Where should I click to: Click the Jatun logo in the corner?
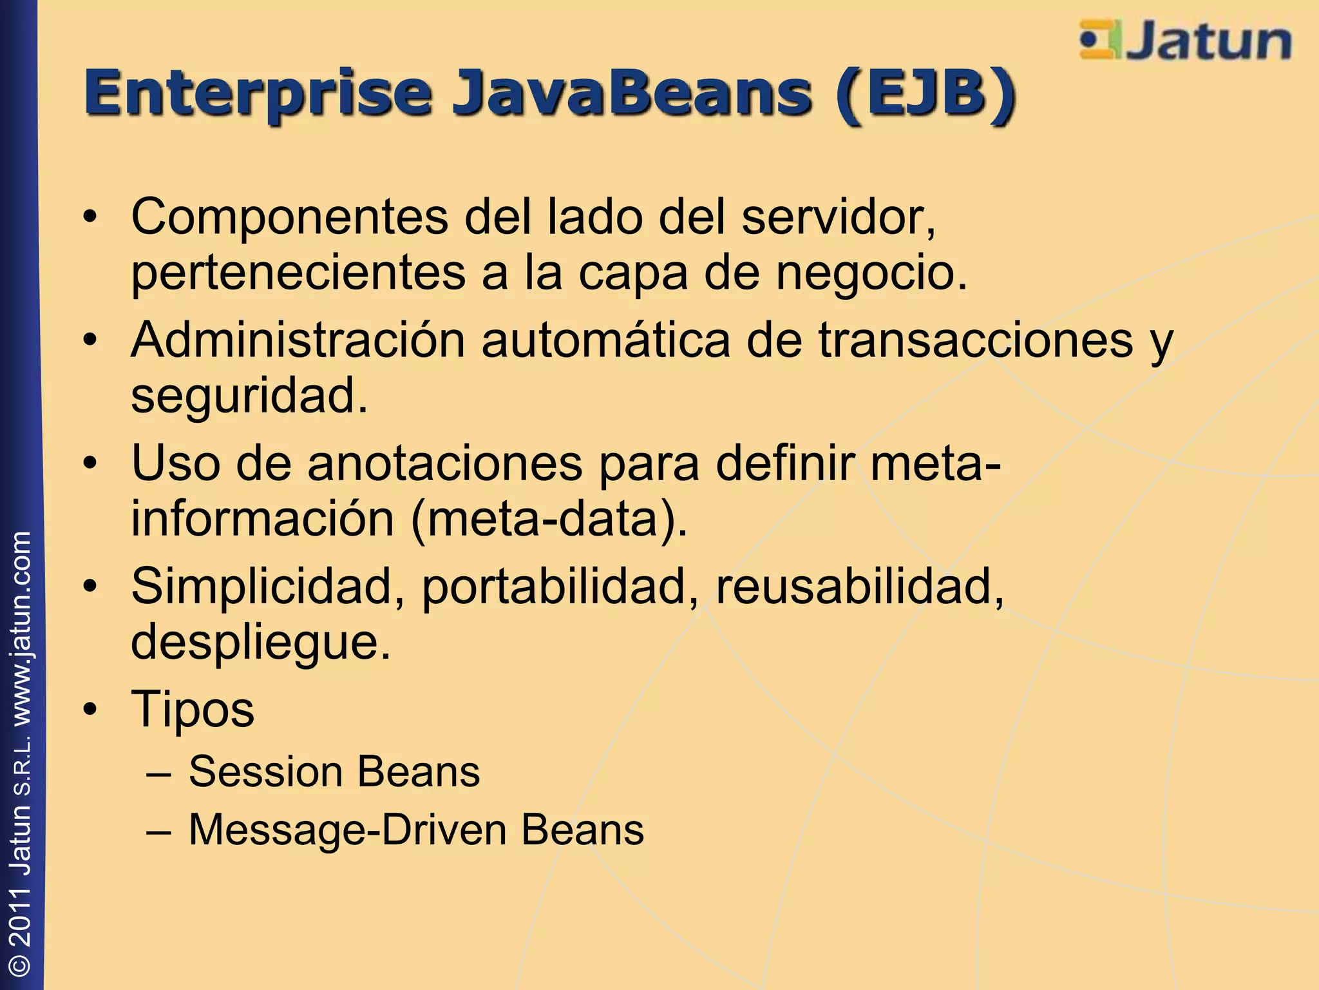(x=1185, y=41)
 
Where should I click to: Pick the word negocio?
(x=871, y=273)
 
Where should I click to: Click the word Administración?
(x=298, y=340)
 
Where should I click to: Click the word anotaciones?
(x=444, y=463)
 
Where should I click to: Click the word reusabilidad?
(x=859, y=587)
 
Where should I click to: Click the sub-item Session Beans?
(x=334, y=772)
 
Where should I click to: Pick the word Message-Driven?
(x=347, y=830)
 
